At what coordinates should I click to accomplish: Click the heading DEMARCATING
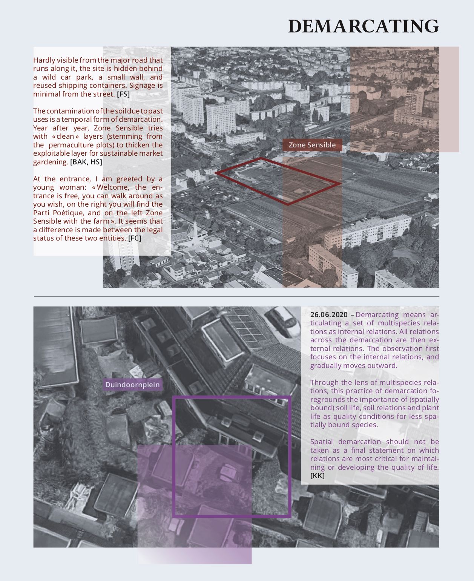click(x=363, y=26)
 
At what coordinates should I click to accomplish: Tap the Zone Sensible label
click(x=312, y=145)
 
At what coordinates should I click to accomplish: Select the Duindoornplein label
click(x=132, y=385)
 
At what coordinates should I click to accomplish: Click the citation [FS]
click(x=123, y=94)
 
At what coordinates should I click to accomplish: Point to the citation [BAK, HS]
click(x=86, y=162)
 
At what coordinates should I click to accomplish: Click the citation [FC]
click(x=135, y=238)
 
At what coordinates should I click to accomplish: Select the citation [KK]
click(x=317, y=476)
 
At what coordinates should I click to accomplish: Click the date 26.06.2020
click(x=328, y=315)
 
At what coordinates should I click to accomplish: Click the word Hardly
click(x=44, y=60)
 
